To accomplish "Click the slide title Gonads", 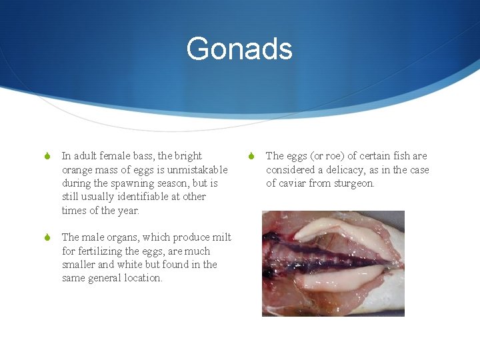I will [x=239, y=49].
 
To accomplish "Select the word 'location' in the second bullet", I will [x=142, y=278].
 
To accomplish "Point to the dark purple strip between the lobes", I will [x=320, y=257].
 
